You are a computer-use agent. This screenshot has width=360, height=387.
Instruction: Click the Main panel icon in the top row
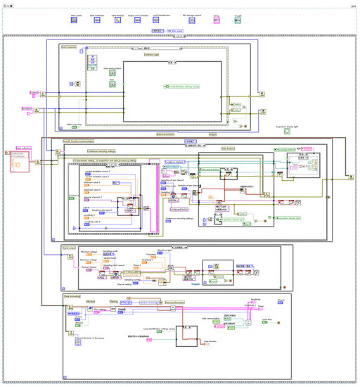75,20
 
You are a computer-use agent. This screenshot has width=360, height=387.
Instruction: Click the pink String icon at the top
217,20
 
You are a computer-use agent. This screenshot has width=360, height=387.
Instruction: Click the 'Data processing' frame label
73,297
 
